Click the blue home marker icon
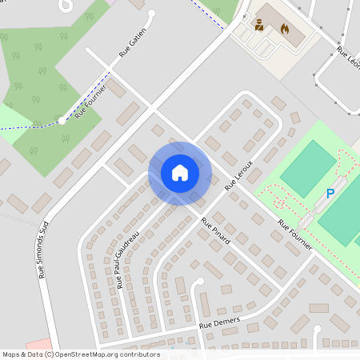[x=179, y=173]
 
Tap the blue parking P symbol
[x=330, y=194]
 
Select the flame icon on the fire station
[x=283, y=28]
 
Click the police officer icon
[x=259, y=26]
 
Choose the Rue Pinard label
[x=216, y=230]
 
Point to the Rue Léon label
[x=348, y=61]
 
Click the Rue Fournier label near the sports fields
[x=294, y=237]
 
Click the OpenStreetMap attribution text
[x=81, y=354]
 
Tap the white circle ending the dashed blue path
[x=62, y=121]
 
